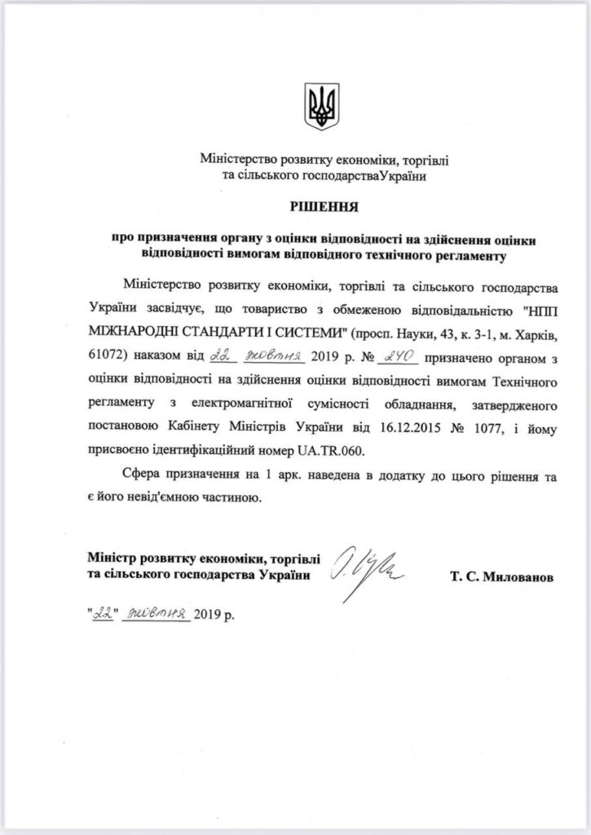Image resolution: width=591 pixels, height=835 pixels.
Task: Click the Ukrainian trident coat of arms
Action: pos(321,105)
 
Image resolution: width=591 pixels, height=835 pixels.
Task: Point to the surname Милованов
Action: pos(501,577)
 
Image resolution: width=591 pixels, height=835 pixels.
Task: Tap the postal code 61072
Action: pos(105,356)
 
